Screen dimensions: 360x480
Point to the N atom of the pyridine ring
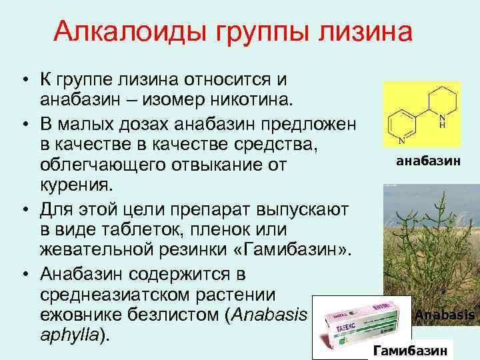pos(401,141)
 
